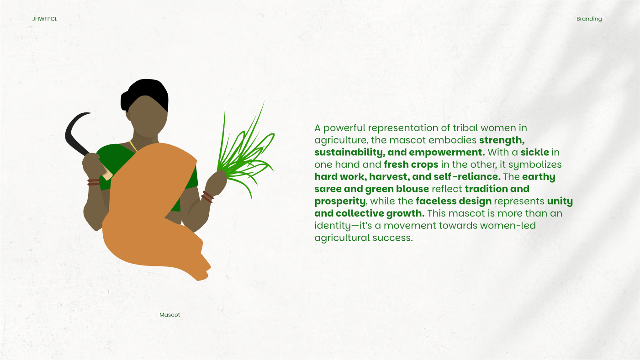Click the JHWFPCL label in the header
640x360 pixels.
click(x=45, y=19)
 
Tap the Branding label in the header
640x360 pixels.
click(x=589, y=19)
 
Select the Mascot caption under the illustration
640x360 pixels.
click(x=170, y=315)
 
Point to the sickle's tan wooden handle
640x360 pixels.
click(x=107, y=174)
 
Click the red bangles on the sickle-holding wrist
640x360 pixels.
click(x=94, y=182)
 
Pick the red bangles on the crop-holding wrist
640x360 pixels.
click(x=207, y=197)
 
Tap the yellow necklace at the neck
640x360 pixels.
click(x=133, y=146)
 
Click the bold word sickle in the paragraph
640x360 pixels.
click(x=534, y=152)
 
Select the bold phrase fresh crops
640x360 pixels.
click(x=411, y=165)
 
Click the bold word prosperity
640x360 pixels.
click(x=340, y=201)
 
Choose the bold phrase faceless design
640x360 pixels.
click(x=454, y=201)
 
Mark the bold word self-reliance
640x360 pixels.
click(x=467, y=177)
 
